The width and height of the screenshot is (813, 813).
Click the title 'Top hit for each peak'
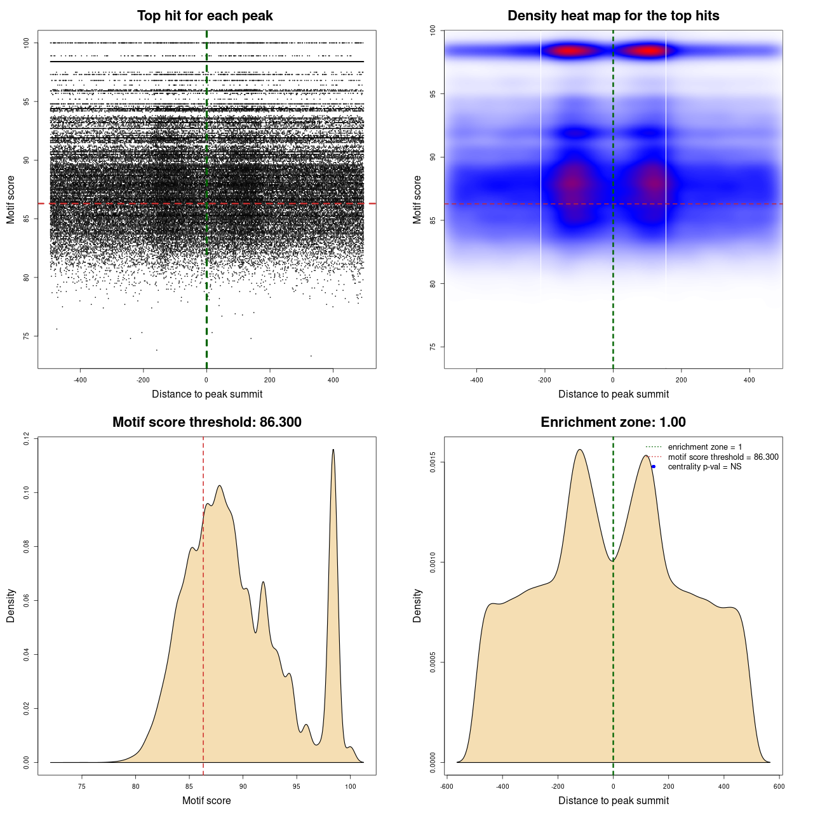(x=205, y=16)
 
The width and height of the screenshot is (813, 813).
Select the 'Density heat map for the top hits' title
(x=613, y=16)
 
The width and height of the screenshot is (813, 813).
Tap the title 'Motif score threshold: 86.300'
(x=206, y=422)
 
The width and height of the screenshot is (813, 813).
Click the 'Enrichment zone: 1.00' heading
(x=613, y=422)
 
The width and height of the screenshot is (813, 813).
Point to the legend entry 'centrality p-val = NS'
(x=704, y=467)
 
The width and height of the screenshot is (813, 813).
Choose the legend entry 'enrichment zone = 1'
(x=704, y=447)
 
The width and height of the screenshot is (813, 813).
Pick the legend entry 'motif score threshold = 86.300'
(x=723, y=457)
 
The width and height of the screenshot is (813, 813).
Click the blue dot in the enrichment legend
(x=654, y=467)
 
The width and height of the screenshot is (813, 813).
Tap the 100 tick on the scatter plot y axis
(x=27, y=43)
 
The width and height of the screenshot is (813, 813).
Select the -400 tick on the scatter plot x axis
(x=80, y=380)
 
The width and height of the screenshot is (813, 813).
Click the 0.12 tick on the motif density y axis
(x=27, y=438)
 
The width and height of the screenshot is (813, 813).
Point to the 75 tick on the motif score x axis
(x=82, y=786)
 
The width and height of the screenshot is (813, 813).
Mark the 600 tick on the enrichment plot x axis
(x=779, y=786)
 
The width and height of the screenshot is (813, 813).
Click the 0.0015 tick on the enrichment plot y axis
(x=433, y=462)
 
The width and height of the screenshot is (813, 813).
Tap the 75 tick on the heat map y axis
(x=433, y=347)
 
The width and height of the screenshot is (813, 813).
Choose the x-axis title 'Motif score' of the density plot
(x=206, y=800)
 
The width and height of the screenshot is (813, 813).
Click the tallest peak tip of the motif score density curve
(x=333, y=450)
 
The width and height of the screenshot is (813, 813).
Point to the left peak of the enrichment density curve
(x=579, y=450)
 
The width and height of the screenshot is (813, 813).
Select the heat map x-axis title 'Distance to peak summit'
(x=613, y=394)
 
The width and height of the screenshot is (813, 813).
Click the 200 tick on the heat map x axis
(x=681, y=380)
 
